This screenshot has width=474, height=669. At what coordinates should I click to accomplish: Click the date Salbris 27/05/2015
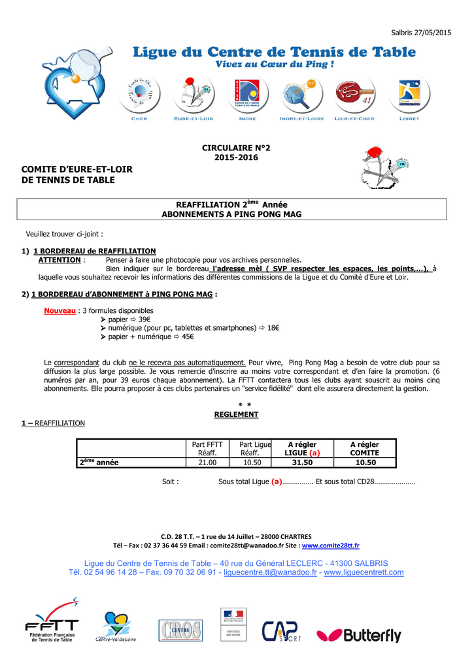(x=420, y=33)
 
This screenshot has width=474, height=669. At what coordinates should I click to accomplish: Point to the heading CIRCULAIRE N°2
(x=235, y=148)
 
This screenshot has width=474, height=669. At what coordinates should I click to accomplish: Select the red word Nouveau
(x=59, y=311)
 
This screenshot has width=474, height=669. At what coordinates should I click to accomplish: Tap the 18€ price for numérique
(x=273, y=328)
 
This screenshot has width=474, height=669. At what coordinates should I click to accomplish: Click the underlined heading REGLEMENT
(x=236, y=415)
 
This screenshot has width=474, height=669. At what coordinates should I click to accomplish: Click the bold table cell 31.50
(x=302, y=463)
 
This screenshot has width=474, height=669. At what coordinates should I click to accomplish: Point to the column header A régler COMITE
(x=364, y=449)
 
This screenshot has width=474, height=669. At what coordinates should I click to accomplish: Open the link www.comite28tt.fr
(x=330, y=546)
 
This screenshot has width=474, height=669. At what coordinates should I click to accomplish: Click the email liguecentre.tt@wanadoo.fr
(x=270, y=572)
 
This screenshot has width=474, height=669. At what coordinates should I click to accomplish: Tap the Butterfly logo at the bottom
(x=359, y=634)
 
